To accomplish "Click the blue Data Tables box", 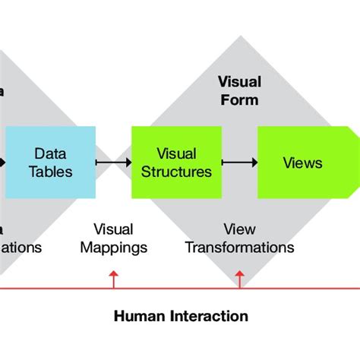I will click(x=51, y=163).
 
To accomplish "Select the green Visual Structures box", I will click(x=176, y=163).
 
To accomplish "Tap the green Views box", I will click(x=302, y=163).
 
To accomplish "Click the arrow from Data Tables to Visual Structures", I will click(x=114, y=163).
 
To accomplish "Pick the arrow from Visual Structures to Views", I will click(x=238, y=163).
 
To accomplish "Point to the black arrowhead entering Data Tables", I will click(x=3, y=163).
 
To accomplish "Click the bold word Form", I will click(x=238, y=99).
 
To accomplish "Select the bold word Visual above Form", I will click(x=238, y=82).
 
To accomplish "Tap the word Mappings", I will click(x=114, y=248).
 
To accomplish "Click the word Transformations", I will click(x=239, y=248).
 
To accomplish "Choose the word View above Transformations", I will click(x=239, y=229).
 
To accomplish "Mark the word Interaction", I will click(x=210, y=316).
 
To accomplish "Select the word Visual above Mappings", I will click(x=114, y=229).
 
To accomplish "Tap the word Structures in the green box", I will click(x=176, y=172).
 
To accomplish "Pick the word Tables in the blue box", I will click(x=51, y=172).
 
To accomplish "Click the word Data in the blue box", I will click(x=51, y=153).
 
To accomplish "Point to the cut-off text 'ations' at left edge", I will click(x=21, y=248).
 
